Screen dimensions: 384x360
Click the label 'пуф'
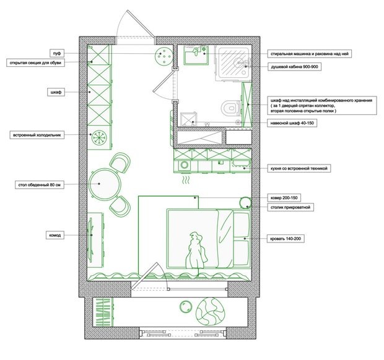point(56,53)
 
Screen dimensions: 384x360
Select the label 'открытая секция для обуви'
point(35,63)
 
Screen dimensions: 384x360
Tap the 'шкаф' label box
point(56,92)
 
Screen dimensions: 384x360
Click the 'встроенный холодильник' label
point(37,135)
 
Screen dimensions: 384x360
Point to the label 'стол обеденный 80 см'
point(39,185)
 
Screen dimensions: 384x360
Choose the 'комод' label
point(55,235)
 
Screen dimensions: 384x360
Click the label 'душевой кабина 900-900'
point(294,67)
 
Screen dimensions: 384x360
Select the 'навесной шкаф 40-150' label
point(292,123)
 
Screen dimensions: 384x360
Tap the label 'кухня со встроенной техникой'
point(299,168)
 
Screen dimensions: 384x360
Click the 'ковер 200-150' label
point(284,197)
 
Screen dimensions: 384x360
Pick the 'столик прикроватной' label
point(290,207)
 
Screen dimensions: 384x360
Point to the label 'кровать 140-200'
point(286,238)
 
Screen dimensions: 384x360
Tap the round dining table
point(105,184)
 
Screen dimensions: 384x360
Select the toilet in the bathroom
point(231,108)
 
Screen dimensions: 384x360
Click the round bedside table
point(245,202)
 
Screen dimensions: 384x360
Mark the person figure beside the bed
point(196,251)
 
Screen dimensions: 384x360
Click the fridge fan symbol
point(99,137)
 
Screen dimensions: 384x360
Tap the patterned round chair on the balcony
point(211,311)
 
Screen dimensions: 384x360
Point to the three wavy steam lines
point(186,180)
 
